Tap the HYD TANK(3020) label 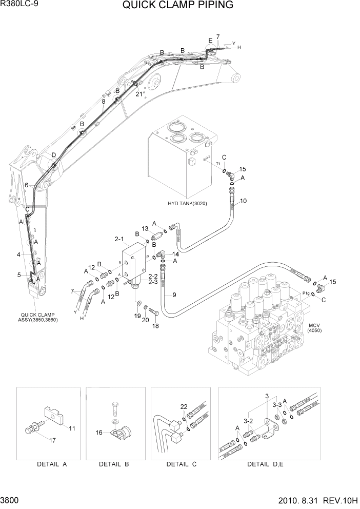[188, 203]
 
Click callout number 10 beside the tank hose [243, 201]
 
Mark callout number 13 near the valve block [145, 228]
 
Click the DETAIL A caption [52, 464]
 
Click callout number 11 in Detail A [72, 428]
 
